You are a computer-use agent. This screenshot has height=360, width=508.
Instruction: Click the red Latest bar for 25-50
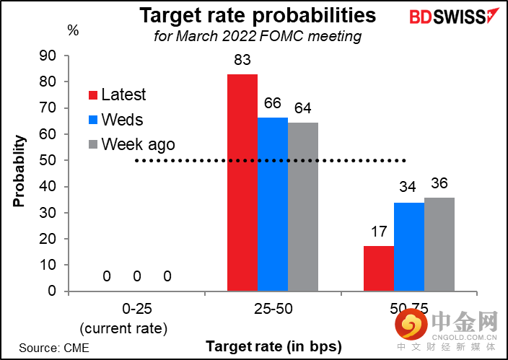(x=242, y=183)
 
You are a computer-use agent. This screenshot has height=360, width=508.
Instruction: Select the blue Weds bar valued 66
(x=273, y=204)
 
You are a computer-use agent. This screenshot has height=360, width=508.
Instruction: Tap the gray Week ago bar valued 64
(x=303, y=207)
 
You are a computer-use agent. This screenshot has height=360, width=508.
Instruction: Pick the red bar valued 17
(x=379, y=268)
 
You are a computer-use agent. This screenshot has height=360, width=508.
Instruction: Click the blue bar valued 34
(x=409, y=247)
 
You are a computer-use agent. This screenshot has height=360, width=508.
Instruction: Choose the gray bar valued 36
(x=439, y=245)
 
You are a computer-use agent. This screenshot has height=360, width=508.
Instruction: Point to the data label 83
(x=242, y=60)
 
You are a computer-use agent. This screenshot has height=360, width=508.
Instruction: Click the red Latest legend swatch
(x=93, y=95)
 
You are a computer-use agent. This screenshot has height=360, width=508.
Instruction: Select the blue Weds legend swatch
(x=93, y=120)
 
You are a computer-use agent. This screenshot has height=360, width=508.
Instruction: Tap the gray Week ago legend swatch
(x=93, y=144)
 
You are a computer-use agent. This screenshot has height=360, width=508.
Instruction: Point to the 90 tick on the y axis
(x=48, y=56)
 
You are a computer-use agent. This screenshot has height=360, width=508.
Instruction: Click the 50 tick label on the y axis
(x=48, y=160)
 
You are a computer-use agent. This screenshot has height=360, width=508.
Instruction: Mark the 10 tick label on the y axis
(x=48, y=265)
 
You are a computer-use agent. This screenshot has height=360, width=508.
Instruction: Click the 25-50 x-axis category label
(x=273, y=309)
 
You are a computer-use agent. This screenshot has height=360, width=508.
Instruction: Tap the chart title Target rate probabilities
(x=258, y=15)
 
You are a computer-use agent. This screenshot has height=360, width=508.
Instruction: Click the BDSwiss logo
(x=454, y=16)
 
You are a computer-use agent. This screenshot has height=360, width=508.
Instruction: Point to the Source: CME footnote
(x=54, y=348)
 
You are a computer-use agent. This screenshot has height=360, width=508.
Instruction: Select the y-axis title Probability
(x=19, y=171)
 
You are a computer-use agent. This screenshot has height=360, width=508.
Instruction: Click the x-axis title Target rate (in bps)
(x=273, y=347)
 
